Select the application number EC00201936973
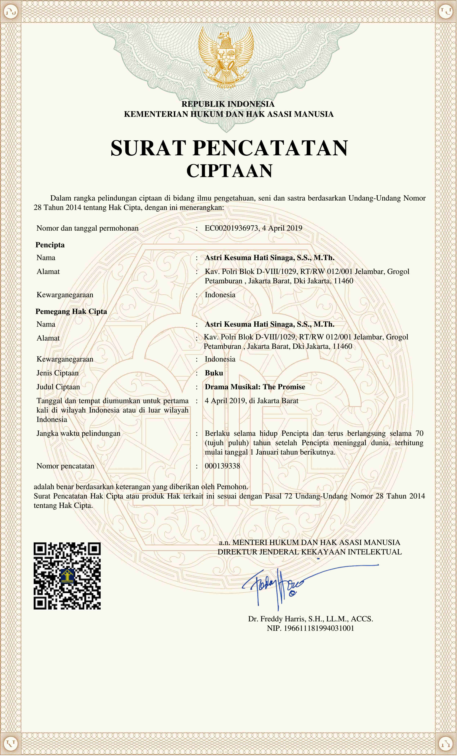[231, 228]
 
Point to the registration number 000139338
[222, 466]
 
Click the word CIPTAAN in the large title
[229, 171]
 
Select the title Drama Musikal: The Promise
[255, 387]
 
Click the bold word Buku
[214, 373]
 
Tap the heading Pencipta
[50, 245]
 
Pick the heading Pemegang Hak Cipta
[71, 311]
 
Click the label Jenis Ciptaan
[58, 373]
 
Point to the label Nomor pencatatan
[65, 466]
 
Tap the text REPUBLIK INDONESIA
[228, 104]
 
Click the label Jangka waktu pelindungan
[78, 433]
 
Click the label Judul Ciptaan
[58, 387]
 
